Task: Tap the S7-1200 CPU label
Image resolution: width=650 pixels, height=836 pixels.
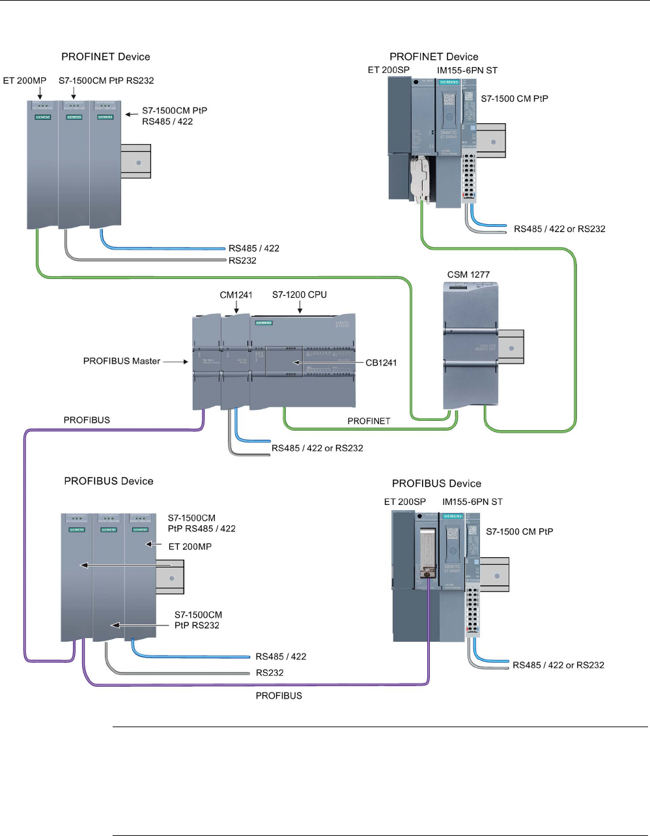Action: [x=300, y=295]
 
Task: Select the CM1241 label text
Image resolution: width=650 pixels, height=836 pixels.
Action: [x=236, y=295]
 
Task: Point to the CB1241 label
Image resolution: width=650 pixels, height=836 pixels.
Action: [x=381, y=362]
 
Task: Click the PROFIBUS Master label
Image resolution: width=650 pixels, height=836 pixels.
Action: [x=122, y=361]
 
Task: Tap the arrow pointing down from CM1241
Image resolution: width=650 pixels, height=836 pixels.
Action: [x=236, y=309]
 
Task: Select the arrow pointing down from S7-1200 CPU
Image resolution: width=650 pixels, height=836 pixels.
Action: [x=300, y=309]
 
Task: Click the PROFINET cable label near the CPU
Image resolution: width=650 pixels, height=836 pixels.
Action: [x=369, y=421]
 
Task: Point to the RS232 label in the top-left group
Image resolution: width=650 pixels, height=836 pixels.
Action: [x=242, y=261]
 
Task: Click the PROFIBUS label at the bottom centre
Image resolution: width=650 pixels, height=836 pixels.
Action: [x=279, y=696]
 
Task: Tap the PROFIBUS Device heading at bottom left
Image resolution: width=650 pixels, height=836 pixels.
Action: [x=109, y=481]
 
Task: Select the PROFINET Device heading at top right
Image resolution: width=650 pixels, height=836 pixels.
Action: [x=434, y=57]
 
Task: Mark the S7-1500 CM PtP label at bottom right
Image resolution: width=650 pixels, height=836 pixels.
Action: [x=520, y=532]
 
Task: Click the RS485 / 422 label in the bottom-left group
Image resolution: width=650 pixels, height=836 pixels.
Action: [x=281, y=657]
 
